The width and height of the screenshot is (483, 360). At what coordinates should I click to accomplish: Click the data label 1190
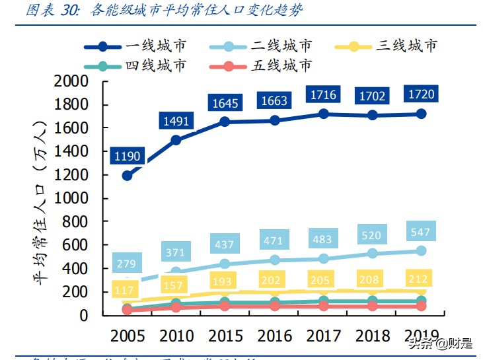[x=127, y=157]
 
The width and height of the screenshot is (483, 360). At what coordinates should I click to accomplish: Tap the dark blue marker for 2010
[x=176, y=140]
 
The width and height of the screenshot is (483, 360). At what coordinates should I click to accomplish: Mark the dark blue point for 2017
[x=324, y=114]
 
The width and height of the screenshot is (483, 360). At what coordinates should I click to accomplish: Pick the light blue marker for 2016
[x=275, y=260]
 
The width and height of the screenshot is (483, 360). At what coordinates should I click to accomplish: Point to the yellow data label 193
[x=225, y=281]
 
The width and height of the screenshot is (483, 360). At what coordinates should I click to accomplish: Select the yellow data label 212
[x=418, y=277]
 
